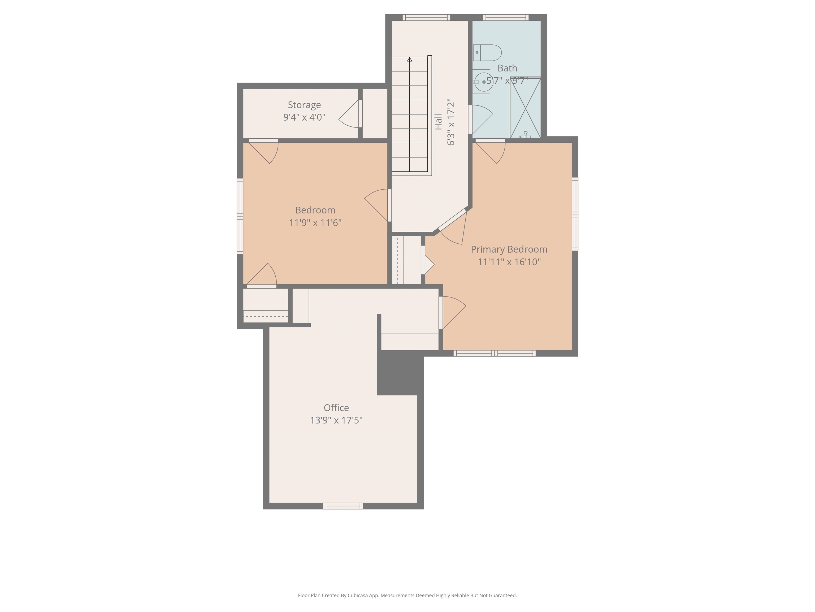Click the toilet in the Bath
(487, 53)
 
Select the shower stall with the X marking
(525, 108)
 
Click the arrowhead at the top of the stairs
(409, 59)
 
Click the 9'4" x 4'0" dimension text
(304, 117)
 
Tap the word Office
(336, 408)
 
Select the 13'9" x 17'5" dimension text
(336, 420)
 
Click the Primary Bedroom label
(509, 249)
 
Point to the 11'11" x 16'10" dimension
(509, 262)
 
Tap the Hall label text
(438, 122)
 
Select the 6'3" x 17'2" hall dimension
(450, 122)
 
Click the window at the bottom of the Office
(343, 506)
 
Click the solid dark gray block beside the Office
(400, 373)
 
